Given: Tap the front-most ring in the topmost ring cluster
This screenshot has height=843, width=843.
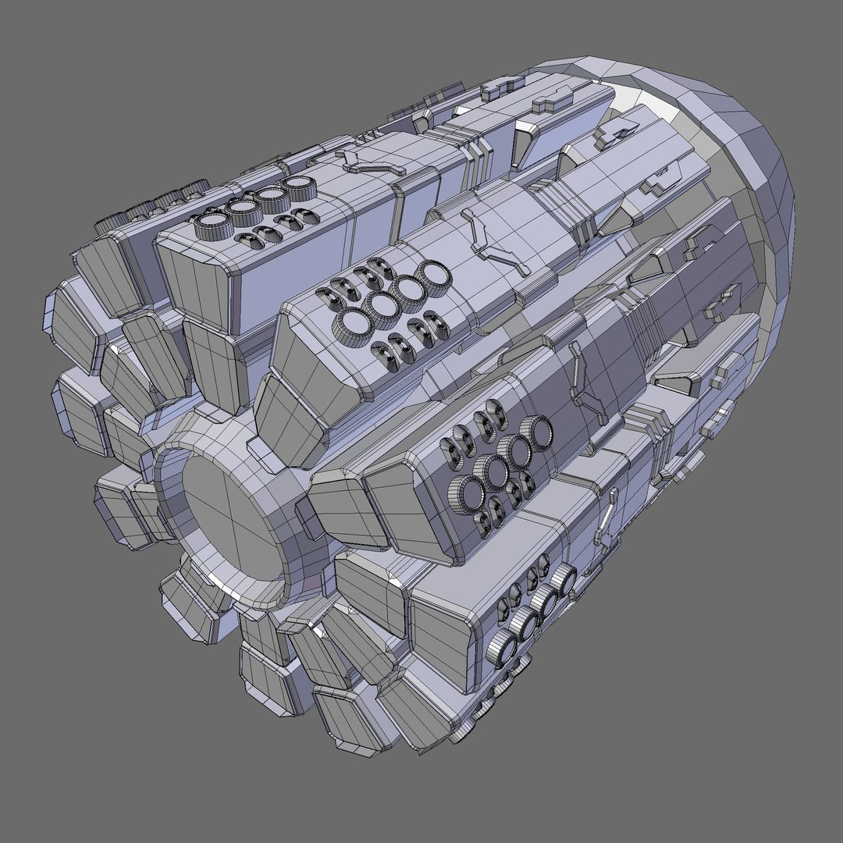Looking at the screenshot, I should [211, 227].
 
